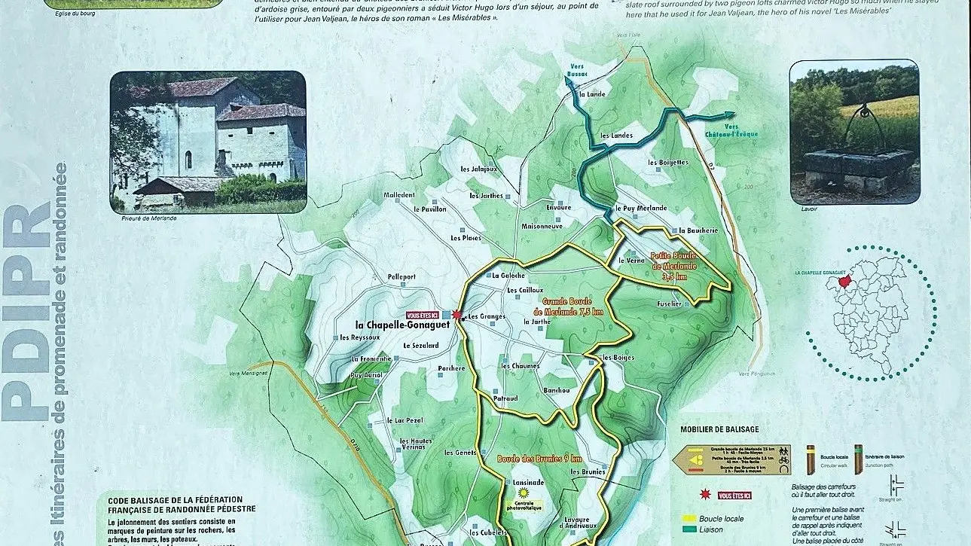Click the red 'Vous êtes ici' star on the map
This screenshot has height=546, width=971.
[x=456, y=315]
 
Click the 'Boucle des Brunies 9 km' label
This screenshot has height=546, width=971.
[x=539, y=459]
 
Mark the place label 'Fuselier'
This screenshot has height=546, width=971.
[x=669, y=304]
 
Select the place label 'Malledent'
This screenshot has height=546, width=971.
[x=399, y=195]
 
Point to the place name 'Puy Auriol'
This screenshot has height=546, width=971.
[x=368, y=374]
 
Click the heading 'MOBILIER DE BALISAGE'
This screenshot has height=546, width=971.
[x=719, y=429]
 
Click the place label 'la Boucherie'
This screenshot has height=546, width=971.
[x=698, y=230]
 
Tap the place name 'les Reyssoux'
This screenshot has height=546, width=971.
[x=360, y=337]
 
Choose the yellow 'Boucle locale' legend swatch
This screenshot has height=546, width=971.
[x=688, y=518]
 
